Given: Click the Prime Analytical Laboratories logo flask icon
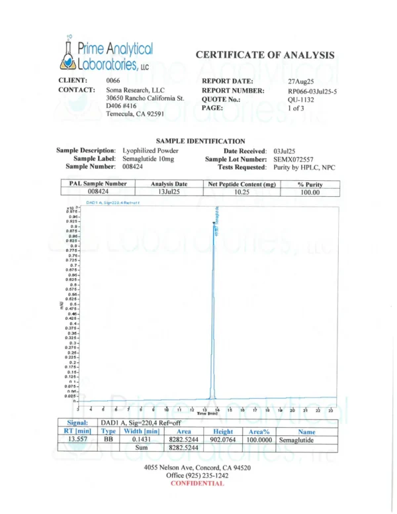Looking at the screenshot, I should [69, 54].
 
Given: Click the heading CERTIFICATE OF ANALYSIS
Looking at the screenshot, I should [265, 55].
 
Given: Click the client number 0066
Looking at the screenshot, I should [114, 81].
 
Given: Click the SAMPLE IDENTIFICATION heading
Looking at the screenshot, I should [200, 141].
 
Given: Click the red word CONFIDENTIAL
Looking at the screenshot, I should [197, 484].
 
